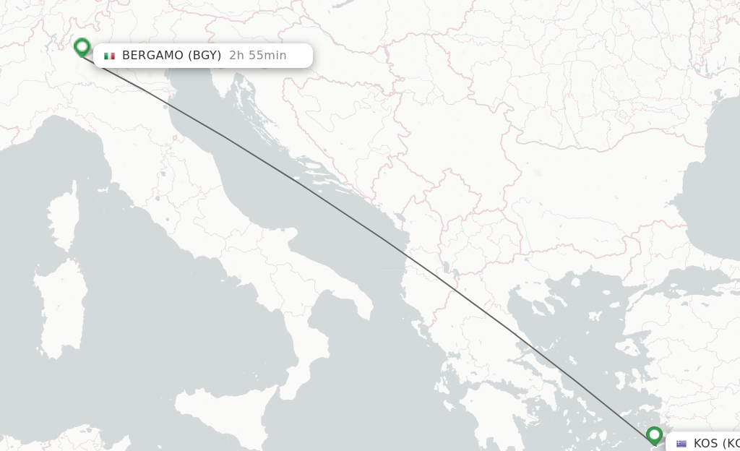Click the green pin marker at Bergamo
point(82,48)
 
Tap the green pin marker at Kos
point(654,435)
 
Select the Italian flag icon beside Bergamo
point(110,56)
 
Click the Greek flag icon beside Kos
point(681,444)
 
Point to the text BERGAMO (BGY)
point(171,56)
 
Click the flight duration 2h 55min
point(258,56)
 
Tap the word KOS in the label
point(705,443)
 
